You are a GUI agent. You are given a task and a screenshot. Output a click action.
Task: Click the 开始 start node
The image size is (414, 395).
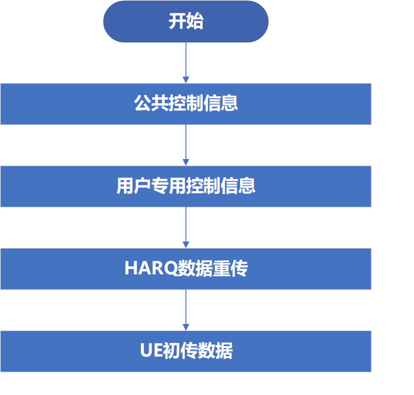[x=186, y=21]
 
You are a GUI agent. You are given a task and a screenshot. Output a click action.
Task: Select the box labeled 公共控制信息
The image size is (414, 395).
[x=186, y=104]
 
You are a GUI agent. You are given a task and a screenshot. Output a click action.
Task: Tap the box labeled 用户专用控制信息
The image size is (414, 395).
[x=186, y=186]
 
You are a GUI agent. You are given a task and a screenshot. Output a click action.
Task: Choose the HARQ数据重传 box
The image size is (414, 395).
[x=186, y=269]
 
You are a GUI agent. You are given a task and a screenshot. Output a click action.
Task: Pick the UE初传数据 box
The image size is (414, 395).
[x=186, y=351]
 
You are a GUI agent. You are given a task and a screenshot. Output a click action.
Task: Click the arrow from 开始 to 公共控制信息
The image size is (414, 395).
[x=186, y=63]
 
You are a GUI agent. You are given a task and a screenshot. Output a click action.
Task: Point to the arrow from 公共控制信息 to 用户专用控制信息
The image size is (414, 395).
[x=186, y=145]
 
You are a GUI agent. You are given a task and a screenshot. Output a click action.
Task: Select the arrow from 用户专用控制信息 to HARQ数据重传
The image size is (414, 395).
[x=186, y=228]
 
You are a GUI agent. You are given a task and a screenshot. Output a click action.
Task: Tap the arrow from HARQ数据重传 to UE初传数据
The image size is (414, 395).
[x=186, y=310]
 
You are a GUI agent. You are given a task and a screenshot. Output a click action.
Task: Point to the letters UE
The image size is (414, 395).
[x=151, y=350]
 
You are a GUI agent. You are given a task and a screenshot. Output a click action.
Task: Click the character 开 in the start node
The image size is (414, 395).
[x=177, y=21]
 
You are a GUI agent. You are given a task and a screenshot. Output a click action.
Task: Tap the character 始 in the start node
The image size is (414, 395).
[x=195, y=21]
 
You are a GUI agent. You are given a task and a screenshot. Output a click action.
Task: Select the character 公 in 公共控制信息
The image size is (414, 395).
[x=142, y=103]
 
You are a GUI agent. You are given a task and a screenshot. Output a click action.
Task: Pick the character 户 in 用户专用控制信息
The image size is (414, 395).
[x=142, y=186]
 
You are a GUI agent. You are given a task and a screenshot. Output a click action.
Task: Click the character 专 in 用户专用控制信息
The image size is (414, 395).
[x=160, y=186]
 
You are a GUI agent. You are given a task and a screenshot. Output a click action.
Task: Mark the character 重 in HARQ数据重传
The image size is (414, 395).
[x=221, y=269]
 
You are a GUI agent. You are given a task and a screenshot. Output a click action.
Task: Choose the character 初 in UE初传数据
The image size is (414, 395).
[x=171, y=351]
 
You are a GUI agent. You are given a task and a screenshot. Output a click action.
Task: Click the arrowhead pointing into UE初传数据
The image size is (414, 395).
[x=186, y=327]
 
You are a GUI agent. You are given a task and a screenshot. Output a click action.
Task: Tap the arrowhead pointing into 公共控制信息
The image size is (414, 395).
[x=186, y=80]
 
